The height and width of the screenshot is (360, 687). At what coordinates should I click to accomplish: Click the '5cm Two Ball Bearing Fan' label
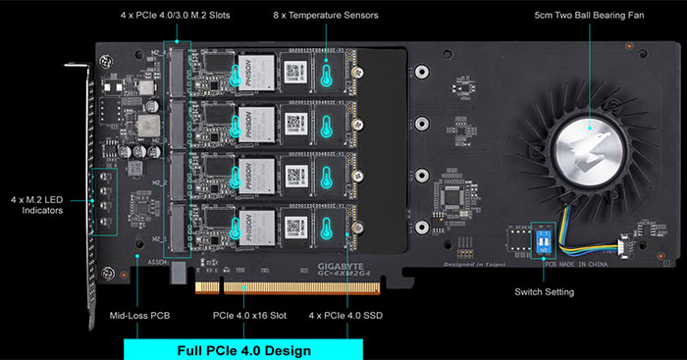tap(589, 17)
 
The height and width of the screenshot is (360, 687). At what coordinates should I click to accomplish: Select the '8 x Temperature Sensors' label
tap(328, 17)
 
